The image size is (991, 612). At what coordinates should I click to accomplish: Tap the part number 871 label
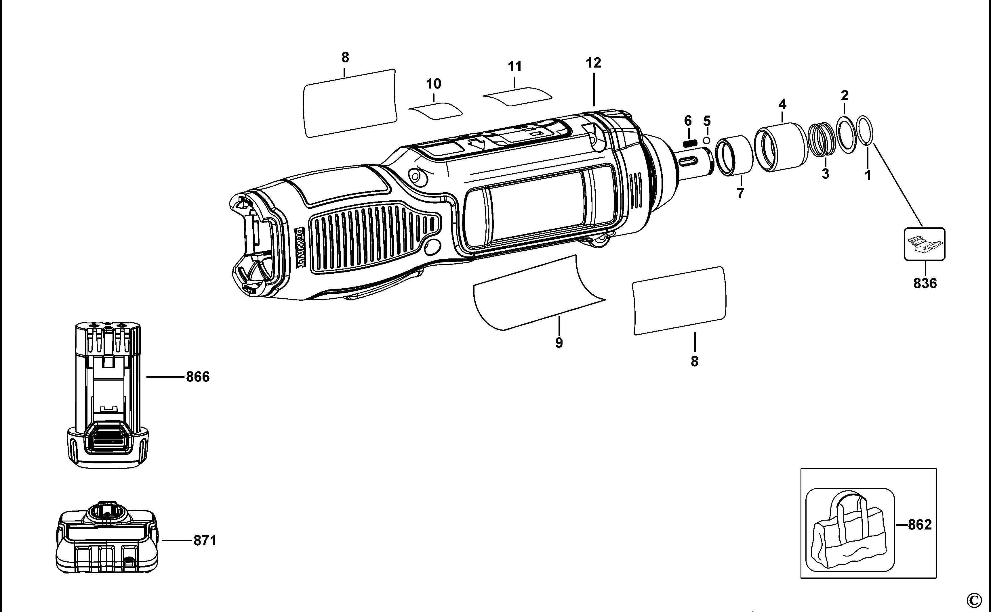(x=205, y=540)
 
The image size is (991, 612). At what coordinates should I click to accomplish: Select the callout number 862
(x=920, y=525)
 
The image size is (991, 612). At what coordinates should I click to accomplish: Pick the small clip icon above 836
(x=925, y=244)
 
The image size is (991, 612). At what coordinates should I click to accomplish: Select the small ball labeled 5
(x=707, y=141)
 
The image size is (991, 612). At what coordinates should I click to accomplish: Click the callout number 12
(x=594, y=63)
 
